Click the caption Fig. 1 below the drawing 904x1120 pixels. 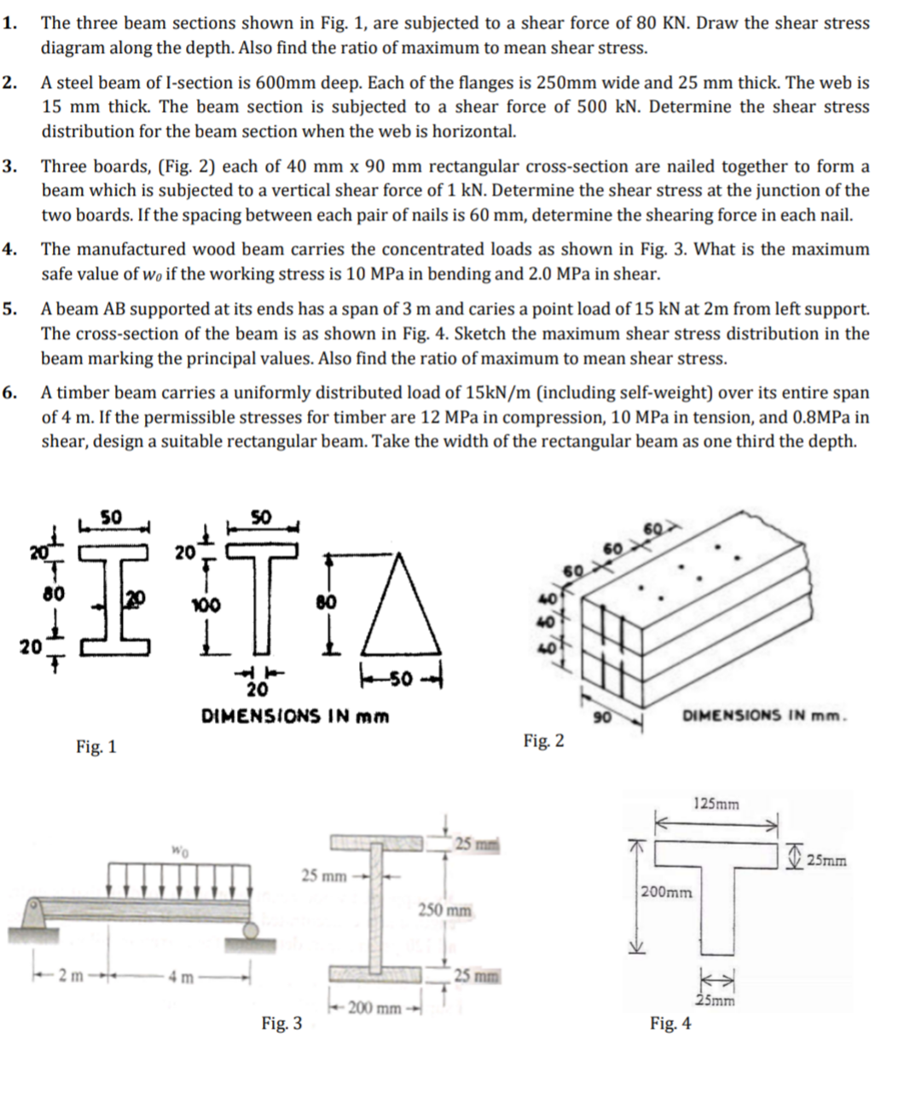[x=96, y=747]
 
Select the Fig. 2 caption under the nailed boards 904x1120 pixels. [x=543, y=740]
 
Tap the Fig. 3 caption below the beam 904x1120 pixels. [x=281, y=1023]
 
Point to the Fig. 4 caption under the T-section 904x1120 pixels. [x=670, y=1023]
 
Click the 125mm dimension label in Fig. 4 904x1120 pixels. [x=716, y=804]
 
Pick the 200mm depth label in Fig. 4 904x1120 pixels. [x=667, y=892]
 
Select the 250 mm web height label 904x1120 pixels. [x=444, y=910]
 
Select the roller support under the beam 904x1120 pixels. [x=252, y=930]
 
